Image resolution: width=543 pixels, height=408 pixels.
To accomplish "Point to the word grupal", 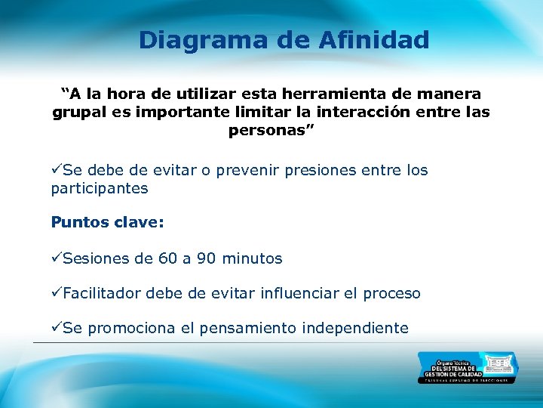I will [x=80, y=113].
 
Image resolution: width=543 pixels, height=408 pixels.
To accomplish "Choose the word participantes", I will [x=100, y=188].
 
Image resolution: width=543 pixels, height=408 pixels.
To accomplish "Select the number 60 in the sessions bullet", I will [x=168, y=258].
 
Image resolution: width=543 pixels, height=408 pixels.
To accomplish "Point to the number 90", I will [x=206, y=258].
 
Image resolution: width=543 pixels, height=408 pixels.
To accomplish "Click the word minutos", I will [x=252, y=258].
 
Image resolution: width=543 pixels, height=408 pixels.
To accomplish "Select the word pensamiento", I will [x=248, y=328].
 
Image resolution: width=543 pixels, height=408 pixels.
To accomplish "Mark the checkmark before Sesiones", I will [x=57, y=258].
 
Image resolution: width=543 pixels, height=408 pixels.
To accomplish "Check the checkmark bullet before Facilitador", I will [x=57, y=293].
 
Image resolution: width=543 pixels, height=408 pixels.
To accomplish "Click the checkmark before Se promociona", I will [x=57, y=328].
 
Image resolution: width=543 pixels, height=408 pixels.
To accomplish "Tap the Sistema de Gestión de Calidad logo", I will [x=468, y=368].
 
